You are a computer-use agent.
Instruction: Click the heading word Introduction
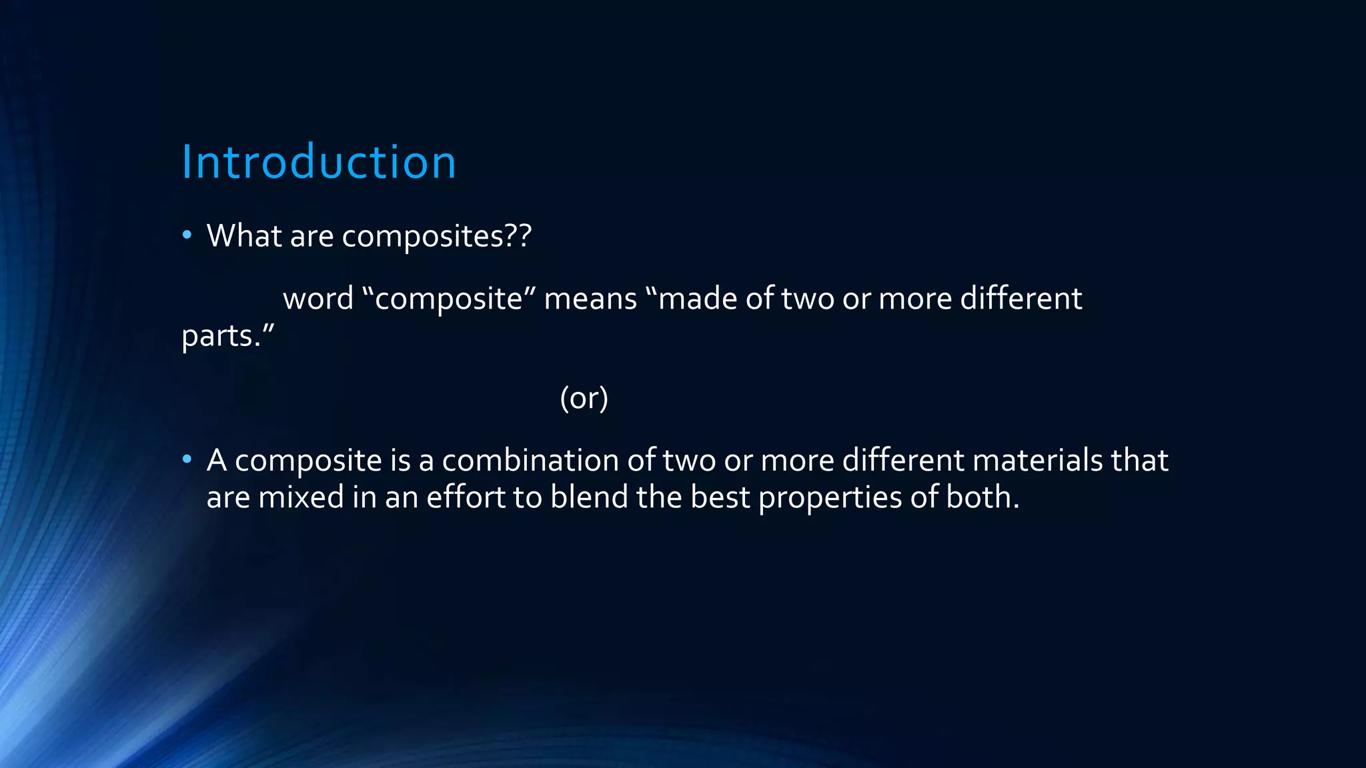(319, 162)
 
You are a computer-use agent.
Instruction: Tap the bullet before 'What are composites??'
(187, 235)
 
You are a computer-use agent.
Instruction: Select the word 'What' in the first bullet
(244, 235)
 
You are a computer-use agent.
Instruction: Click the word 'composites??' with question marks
(437, 237)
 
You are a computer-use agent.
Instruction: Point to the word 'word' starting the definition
(318, 299)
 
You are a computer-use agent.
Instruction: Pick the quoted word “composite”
(448, 299)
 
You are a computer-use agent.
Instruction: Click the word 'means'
(590, 299)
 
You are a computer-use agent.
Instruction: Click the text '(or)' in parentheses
(584, 399)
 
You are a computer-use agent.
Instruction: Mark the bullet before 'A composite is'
(187, 459)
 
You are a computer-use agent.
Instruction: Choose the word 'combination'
(530, 461)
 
